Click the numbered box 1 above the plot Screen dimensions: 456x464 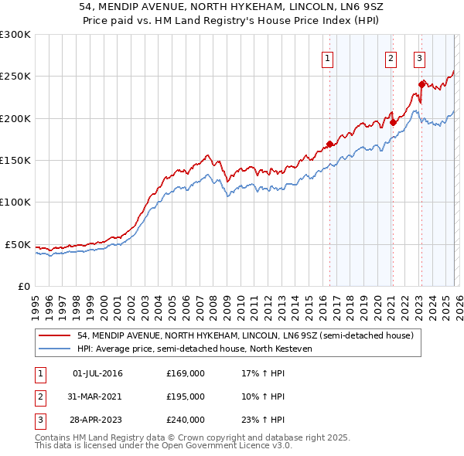click(x=327, y=58)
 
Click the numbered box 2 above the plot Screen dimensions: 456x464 click(x=391, y=58)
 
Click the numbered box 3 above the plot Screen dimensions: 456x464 click(x=419, y=58)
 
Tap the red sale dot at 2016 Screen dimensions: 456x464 click(x=329, y=144)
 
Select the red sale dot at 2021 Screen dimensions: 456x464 click(x=393, y=121)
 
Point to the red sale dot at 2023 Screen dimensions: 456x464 click(x=421, y=84)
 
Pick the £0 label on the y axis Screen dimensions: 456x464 click(x=23, y=286)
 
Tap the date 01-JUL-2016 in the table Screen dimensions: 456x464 click(x=97, y=373)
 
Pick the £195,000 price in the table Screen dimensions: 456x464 click(x=186, y=396)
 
